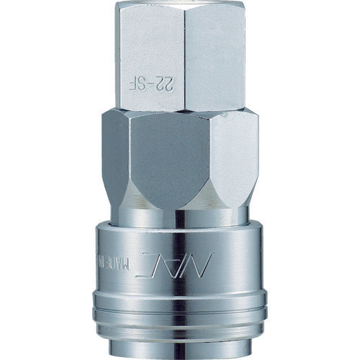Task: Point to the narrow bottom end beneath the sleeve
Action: (x=180, y=353)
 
